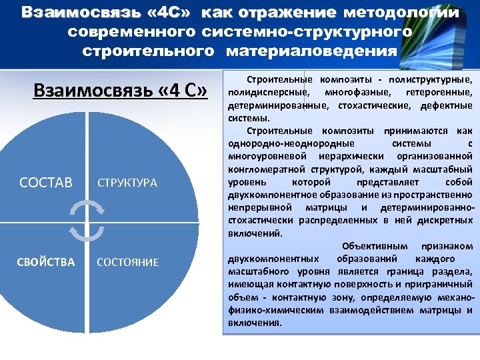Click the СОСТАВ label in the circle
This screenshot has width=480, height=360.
pos(46,182)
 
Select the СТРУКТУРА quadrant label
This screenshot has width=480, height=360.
pos(127,183)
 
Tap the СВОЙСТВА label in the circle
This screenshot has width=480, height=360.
pos(46,262)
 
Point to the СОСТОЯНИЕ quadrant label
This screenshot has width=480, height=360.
pos(128,263)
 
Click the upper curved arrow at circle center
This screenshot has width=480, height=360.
pos(86,209)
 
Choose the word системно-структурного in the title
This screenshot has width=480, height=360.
pos(307,31)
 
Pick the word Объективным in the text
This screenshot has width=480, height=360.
pos(375,246)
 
